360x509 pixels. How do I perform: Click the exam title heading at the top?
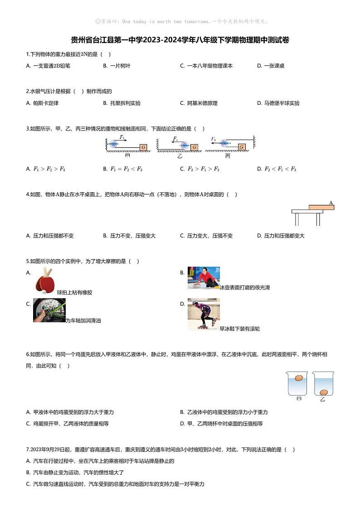[180, 40]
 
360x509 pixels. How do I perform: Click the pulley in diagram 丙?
[224, 143]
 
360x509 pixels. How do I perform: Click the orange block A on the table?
[321, 207]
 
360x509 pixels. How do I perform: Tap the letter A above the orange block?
[331, 202]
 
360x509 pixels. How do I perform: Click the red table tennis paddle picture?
[44, 281]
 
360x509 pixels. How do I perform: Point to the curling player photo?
[203, 278]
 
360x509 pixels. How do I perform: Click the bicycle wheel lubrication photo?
[49, 310]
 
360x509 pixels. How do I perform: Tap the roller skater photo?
[203, 314]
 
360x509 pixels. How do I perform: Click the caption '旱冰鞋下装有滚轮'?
[239, 329]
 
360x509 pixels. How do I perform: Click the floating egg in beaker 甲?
[298, 378]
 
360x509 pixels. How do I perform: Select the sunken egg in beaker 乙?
[324, 392]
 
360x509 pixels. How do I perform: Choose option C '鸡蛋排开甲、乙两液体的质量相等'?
[68, 424]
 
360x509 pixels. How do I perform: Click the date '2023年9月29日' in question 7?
[44, 450]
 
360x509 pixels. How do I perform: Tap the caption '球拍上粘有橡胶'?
[74, 292]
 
